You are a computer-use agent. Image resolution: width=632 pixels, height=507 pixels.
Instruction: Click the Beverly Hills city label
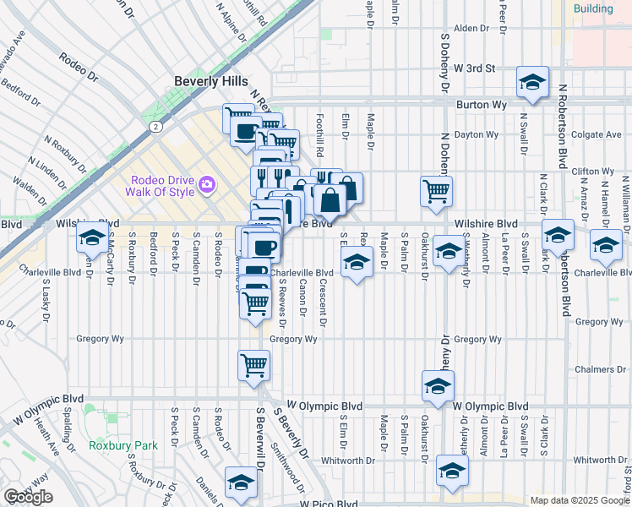(211, 81)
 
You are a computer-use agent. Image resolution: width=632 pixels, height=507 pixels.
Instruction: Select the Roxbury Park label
(123, 444)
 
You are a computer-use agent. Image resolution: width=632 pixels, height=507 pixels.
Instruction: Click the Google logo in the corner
(28, 496)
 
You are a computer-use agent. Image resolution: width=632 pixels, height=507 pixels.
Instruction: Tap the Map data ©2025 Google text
(580, 500)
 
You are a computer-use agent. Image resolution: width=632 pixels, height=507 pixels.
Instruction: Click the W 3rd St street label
(473, 68)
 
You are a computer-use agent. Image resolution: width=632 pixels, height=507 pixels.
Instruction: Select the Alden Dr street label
(471, 28)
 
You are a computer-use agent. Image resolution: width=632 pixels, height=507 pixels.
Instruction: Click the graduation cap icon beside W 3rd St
(533, 82)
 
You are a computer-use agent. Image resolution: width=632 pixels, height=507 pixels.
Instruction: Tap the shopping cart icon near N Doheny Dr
(436, 192)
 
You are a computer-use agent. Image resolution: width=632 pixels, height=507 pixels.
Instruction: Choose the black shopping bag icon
(331, 200)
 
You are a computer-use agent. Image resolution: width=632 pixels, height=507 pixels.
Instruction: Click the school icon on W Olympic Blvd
(437, 386)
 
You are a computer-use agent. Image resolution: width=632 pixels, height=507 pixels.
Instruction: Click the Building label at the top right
(593, 8)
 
